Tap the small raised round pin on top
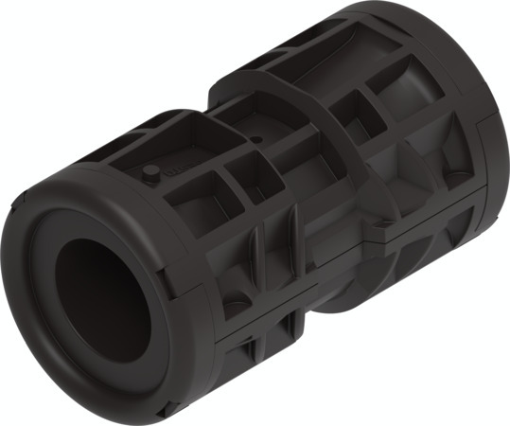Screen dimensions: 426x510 [149, 174]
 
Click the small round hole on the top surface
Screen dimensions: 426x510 [258, 140]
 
